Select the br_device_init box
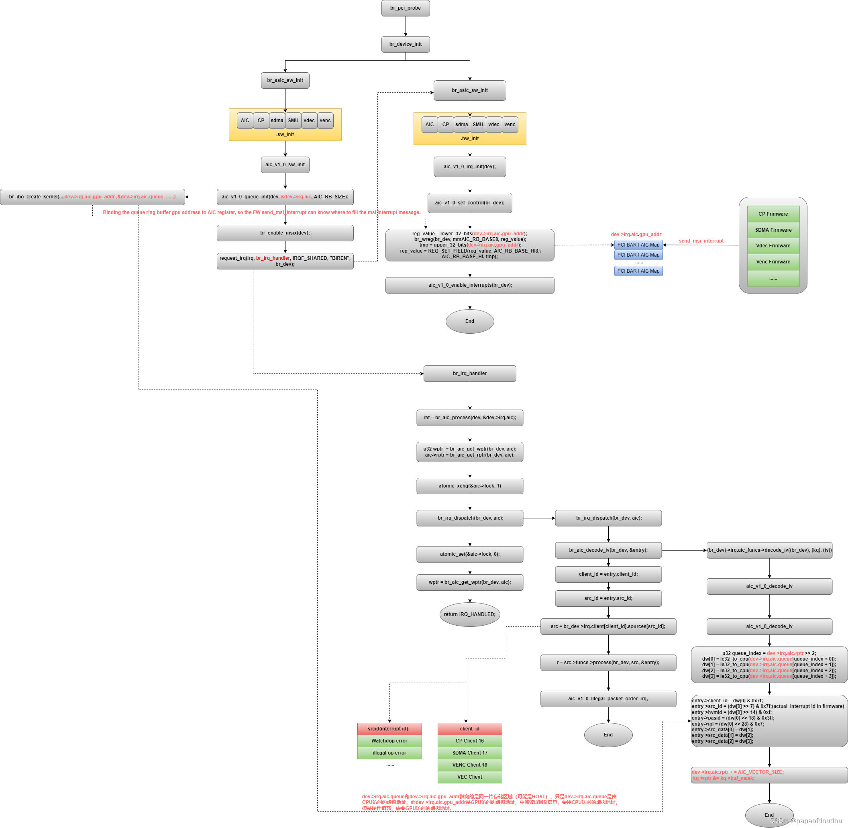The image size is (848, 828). point(405,44)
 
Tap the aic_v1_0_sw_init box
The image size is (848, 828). point(285,165)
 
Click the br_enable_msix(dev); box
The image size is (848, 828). point(285,233)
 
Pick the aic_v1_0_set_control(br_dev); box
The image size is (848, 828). point(470,203)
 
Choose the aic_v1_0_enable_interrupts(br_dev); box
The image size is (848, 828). point(470,285)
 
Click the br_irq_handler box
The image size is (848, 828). point(470,373)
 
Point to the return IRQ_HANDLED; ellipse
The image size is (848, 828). point(470,614)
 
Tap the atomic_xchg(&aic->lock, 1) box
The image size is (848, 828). point(470,486)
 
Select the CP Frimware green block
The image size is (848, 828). point(773,214)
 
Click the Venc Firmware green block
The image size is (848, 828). point(773,262)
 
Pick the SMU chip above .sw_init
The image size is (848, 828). point(293,121)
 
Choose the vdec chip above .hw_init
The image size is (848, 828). point(493,125)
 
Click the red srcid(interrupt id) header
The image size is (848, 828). point(389,729)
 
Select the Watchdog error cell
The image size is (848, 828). point(389,741)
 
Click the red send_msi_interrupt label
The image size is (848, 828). point(701,241)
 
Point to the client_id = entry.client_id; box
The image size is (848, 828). point(608,575)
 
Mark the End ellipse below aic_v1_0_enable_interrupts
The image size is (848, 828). point(470,321)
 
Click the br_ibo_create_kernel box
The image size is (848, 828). point(92,197)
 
